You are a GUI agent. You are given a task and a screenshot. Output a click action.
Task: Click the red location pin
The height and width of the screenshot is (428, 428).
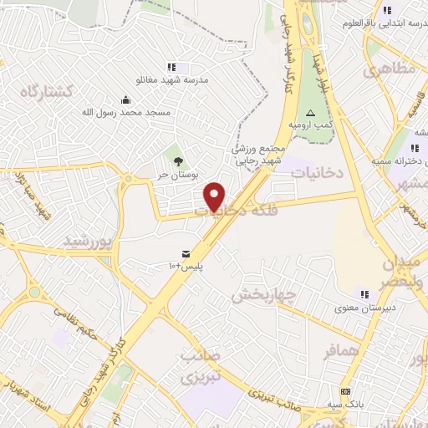(216, 196)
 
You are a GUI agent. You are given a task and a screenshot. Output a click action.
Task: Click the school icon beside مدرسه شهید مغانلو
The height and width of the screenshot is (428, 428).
(172, 67)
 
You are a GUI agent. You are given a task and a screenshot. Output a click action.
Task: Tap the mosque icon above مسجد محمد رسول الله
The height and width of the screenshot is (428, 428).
(126, 99)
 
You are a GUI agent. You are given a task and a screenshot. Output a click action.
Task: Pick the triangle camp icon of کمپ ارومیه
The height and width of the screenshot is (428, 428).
(311, 112)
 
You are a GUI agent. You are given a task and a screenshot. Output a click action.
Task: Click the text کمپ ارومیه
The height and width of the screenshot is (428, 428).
(306, 125)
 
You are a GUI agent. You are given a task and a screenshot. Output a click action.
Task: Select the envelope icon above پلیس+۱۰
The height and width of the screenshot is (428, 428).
(186, 253)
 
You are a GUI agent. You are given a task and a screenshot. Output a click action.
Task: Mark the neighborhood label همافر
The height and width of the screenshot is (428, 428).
(343, 351)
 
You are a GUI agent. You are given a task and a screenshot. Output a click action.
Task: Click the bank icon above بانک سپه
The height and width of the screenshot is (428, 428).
(344, 392)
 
